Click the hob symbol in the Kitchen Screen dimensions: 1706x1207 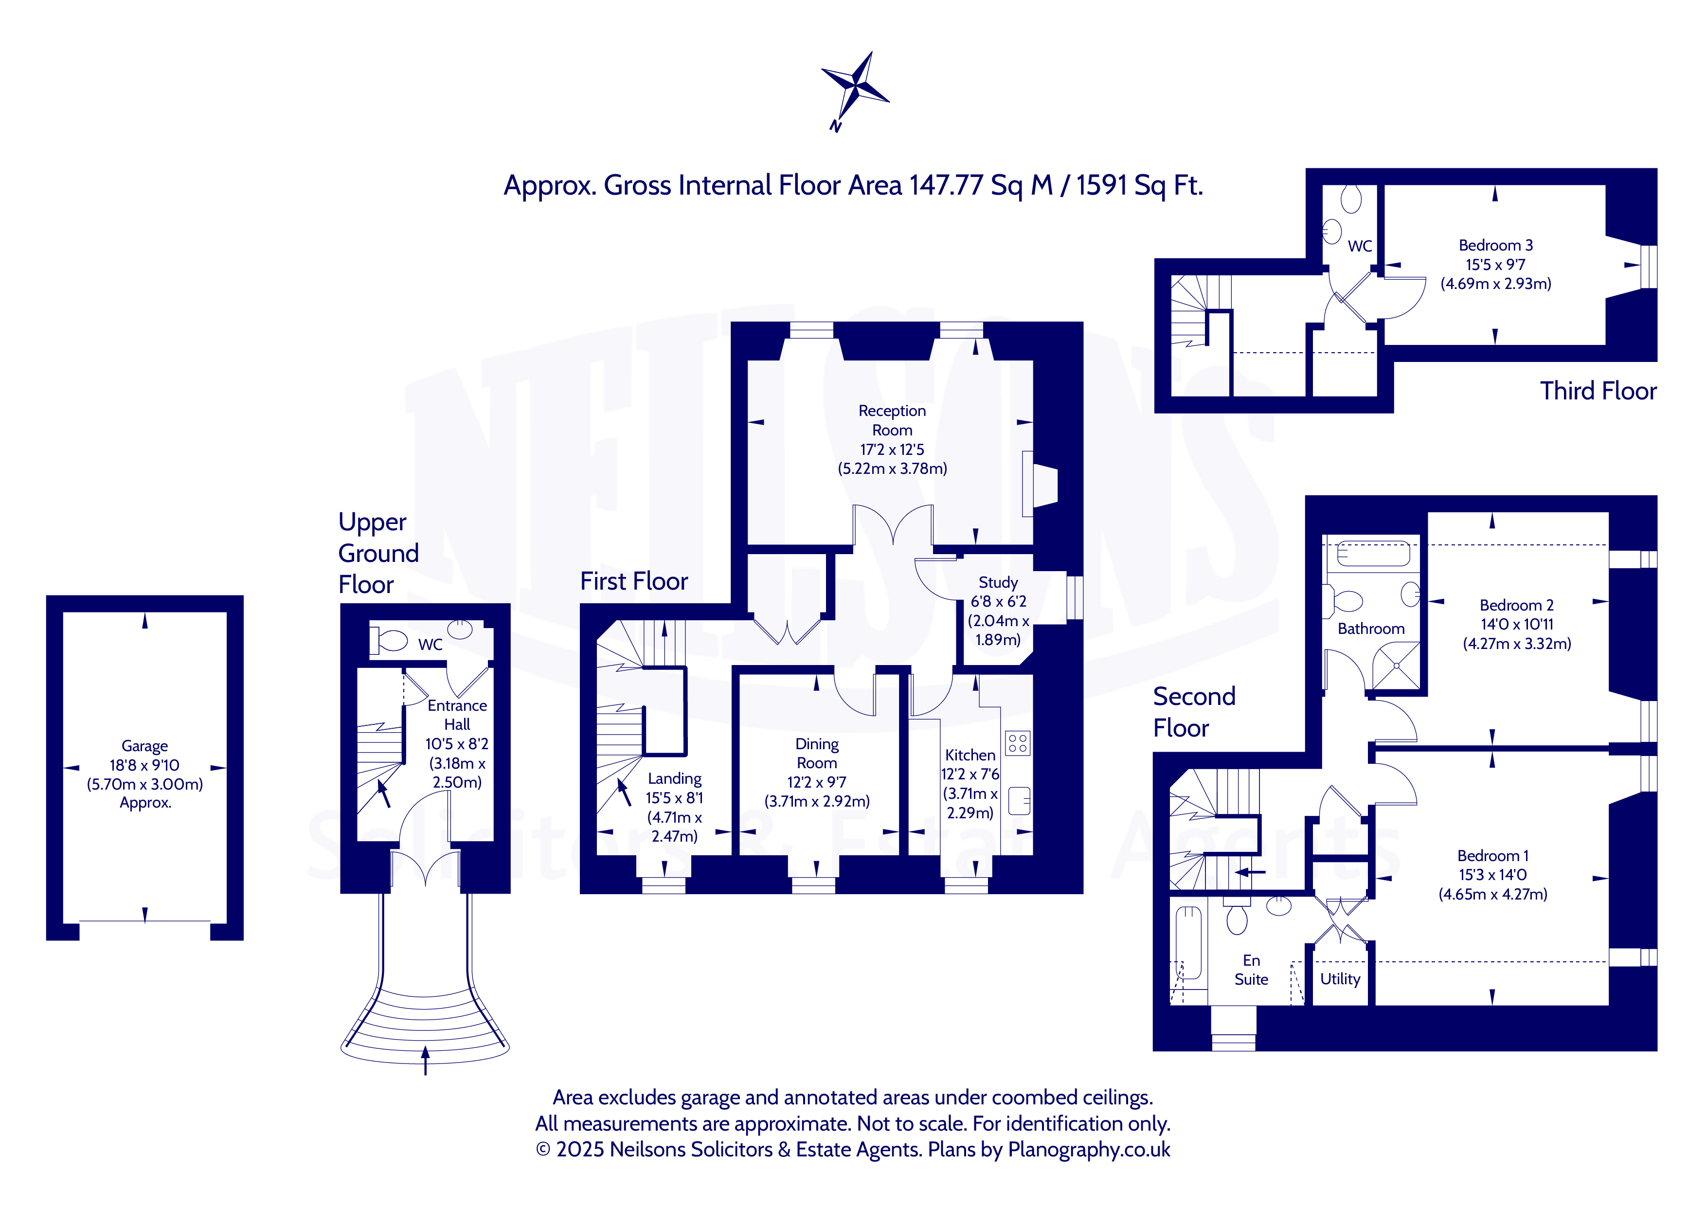tap(1018, 743)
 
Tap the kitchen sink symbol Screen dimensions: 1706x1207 tap(1020, 800)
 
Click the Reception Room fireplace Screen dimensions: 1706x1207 tap(1040, 484)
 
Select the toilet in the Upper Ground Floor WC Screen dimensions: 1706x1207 tap(389, 640)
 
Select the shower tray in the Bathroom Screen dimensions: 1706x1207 tap(1396, 666)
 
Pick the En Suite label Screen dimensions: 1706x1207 tap(1251, 970)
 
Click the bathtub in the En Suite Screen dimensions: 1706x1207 tap(1188, 942)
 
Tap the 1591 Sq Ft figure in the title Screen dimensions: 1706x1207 tap(1139, 185)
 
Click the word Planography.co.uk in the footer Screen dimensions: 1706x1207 tap(1089, 1150)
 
